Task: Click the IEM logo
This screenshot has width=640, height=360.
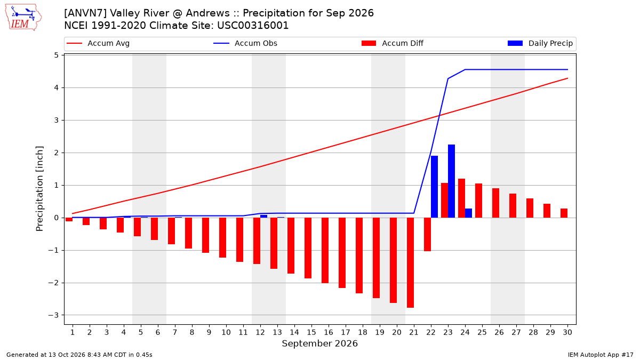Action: [23, 18]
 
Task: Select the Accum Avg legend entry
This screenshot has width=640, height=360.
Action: [98, 43]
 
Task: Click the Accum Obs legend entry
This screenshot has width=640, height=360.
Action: [245, 43]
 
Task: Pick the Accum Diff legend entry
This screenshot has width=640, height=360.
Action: [393, 43]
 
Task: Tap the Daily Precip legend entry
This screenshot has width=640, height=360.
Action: [540, 43]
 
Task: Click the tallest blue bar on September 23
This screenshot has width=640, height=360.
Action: [451, 181]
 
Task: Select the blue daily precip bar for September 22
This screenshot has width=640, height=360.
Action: [434, 187]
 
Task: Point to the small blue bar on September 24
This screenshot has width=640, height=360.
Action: [469, 213]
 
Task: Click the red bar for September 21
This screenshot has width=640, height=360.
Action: [410, 262]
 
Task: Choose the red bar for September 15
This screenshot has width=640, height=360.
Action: [308, 248]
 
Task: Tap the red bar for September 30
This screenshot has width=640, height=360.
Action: [564, 213]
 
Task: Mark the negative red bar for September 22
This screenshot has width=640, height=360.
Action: [427, 234]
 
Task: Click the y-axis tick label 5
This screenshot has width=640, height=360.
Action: [56, 55]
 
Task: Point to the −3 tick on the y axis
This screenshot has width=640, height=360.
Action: [53, 315]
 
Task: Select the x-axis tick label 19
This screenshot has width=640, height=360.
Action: [380, 332]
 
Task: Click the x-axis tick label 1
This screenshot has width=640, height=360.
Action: [73, 332]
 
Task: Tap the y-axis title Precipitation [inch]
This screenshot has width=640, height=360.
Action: [39, 189]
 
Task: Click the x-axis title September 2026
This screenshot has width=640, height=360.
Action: [319, 343]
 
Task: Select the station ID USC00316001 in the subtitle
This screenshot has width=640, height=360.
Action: [253, 26]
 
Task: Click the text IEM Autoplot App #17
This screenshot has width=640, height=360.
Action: [601, 355]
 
